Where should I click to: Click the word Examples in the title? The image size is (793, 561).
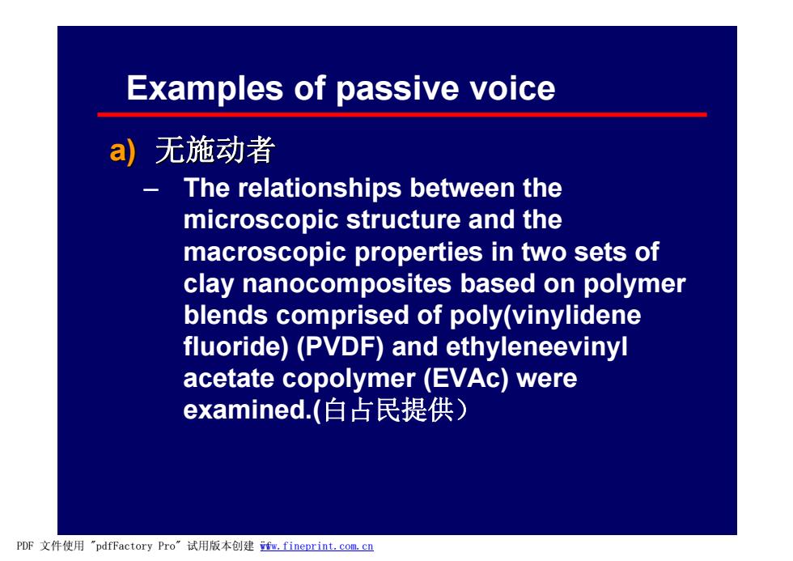click(204, 88)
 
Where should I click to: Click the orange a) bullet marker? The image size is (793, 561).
click(122, 151)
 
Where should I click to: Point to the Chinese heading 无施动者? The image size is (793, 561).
click(215, 151)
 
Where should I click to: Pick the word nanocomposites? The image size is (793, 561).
click(346, 284)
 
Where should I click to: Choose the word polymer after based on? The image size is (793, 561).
click(634, 285)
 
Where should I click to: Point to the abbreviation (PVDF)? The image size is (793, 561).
click(340, 347)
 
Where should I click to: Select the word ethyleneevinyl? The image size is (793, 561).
click(536, 348)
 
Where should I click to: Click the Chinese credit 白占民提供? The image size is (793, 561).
click(388, 410)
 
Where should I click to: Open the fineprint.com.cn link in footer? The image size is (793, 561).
click(316, 546)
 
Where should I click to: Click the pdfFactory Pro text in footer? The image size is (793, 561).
click(136, 546)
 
